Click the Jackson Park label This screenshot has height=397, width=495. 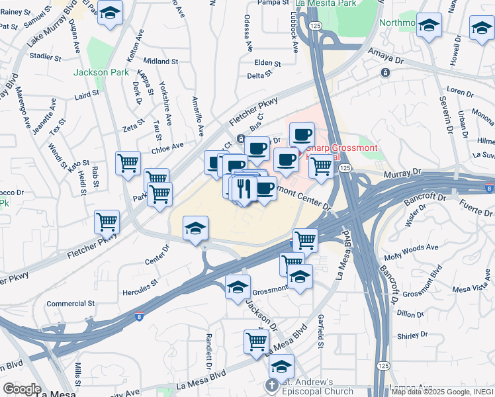click(x=97, y=72)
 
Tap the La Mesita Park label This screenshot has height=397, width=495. click(x=326, y=3)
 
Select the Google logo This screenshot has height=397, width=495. click(x=22, y=389)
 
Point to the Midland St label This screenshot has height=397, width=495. click(x=161, y=61)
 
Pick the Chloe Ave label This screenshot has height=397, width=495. click(x=168, y=146)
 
